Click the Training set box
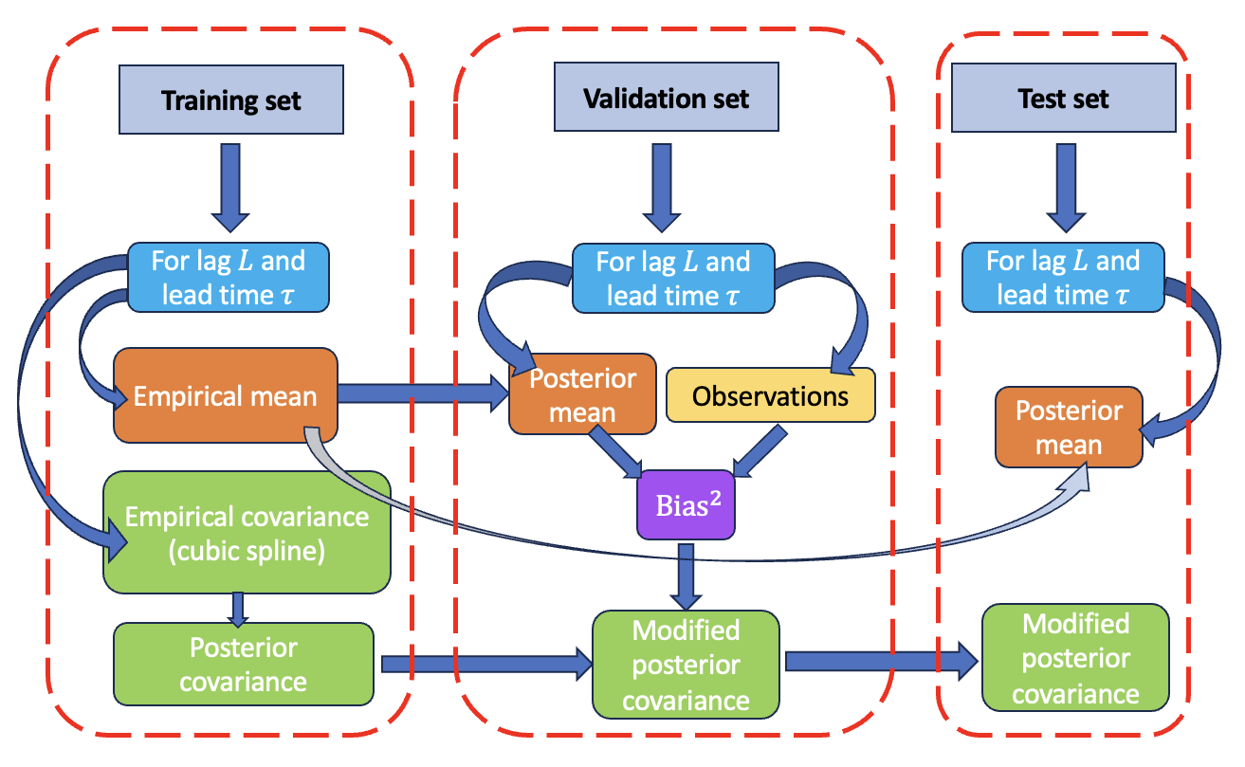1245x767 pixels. click(x=230, y=100)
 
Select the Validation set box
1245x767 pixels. click(x=666, y=99)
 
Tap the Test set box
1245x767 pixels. click(x=1063, y=99)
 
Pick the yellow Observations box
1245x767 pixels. click(x=770, y=395)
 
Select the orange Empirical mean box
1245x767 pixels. click(x=226, y=395)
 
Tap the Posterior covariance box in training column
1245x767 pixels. click(x=243, y=664)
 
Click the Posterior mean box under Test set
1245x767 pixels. click(x=1068, y=427)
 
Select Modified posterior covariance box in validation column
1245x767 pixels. click(x=686, y=664)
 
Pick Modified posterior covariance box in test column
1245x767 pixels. click(x=1075, y=658)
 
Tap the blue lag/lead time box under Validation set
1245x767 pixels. click(x=672, y=278)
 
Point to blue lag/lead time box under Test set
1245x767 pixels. click(x=1062, y=278)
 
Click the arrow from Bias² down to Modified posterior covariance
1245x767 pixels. click(x=687, y=575)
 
